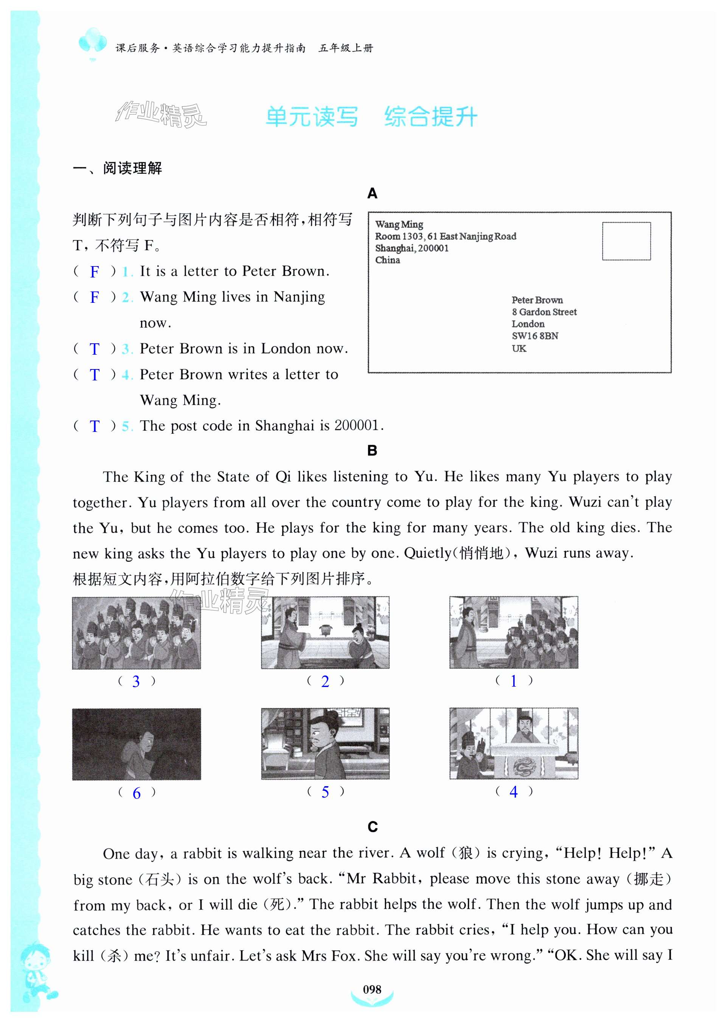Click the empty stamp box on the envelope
pos(626,241)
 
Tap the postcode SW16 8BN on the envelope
pos(535,336)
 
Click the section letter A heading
pos(372,193)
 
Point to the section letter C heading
pos(373,827)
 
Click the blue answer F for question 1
pos(94,272)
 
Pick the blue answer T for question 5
pos(94,426)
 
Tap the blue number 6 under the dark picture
pos(137,793)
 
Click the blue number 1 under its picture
pos(513,681)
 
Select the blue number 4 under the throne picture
pos(513,792)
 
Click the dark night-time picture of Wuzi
pos(137,744)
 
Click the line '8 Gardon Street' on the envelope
pos(544,312)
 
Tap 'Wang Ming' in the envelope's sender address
pos(399,224)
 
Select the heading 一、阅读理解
pos(117,168)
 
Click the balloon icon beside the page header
pos(92,42)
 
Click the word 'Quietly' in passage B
pos(427,553)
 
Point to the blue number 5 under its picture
pos(325,792)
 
